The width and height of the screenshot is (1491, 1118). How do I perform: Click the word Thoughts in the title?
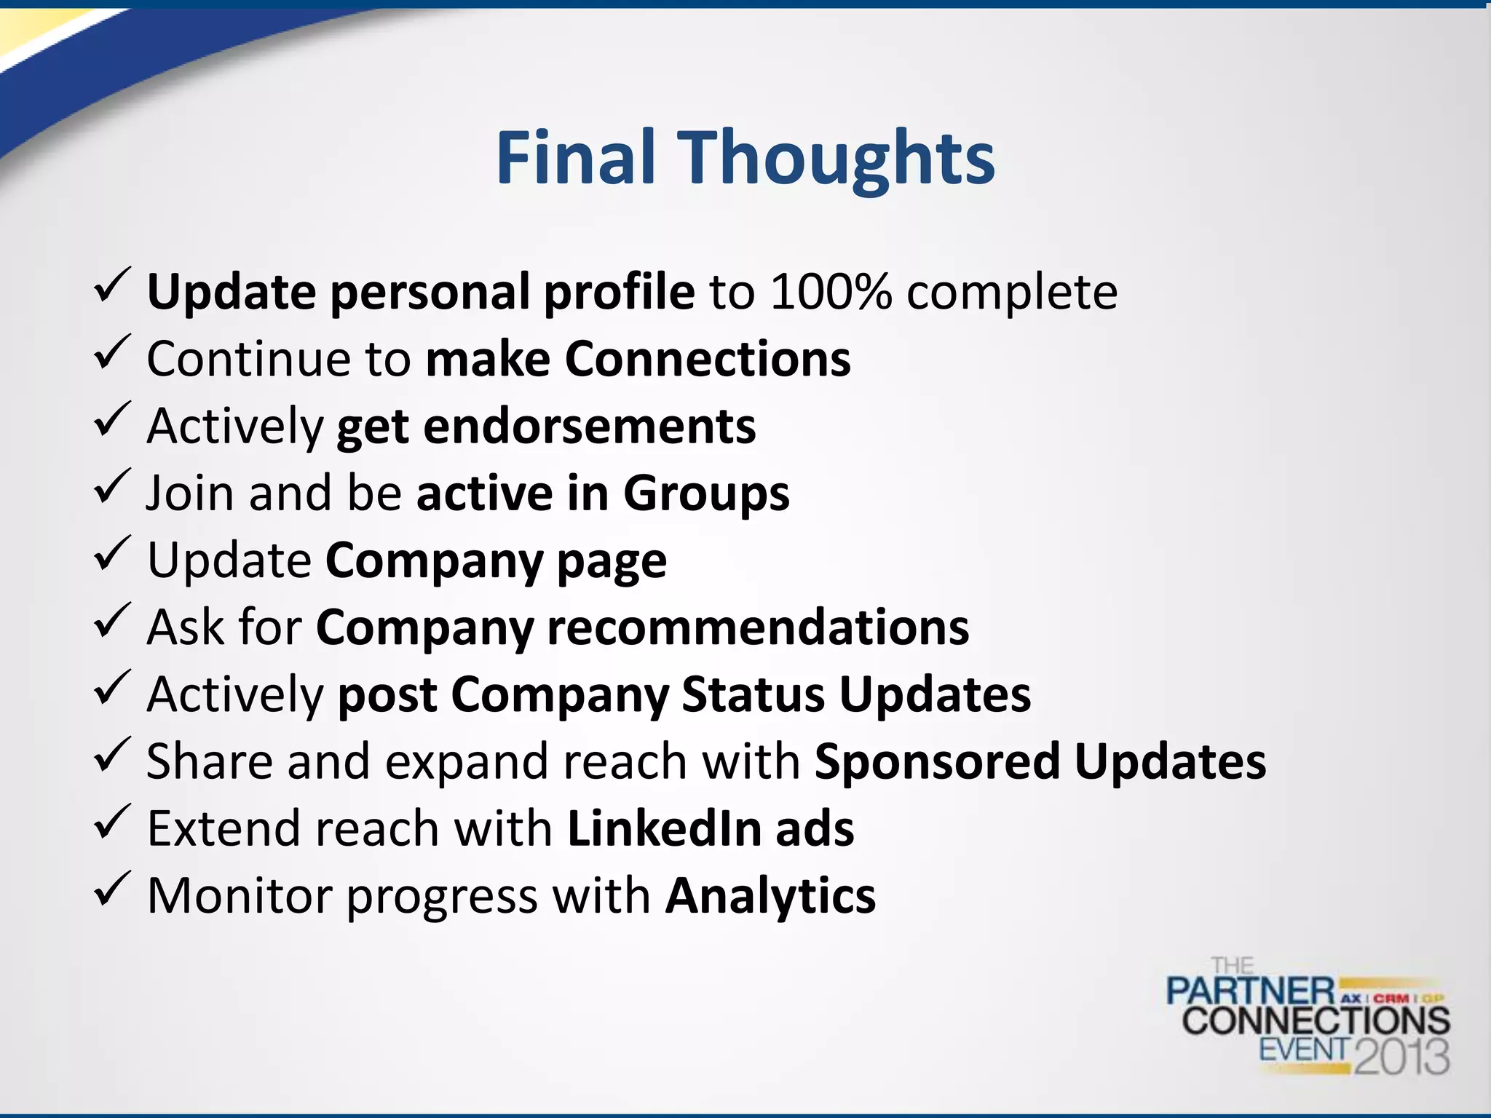[837, 158]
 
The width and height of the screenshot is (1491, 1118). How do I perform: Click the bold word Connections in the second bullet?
[708, 359]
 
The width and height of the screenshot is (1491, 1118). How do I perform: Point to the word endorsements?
[589, 426]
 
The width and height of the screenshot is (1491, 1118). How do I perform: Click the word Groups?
[706, 493]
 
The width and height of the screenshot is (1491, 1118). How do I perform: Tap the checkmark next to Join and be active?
[112, 487]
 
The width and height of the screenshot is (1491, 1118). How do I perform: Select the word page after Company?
[612, 561]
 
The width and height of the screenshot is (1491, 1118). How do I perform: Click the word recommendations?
[758, 627]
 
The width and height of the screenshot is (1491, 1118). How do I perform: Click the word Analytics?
[771, 895]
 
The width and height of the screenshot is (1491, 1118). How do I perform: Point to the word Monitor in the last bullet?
[240, 895]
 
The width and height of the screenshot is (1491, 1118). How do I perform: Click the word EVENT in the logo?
[1305, 1049]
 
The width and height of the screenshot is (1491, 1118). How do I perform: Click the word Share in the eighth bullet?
[210, 761]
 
